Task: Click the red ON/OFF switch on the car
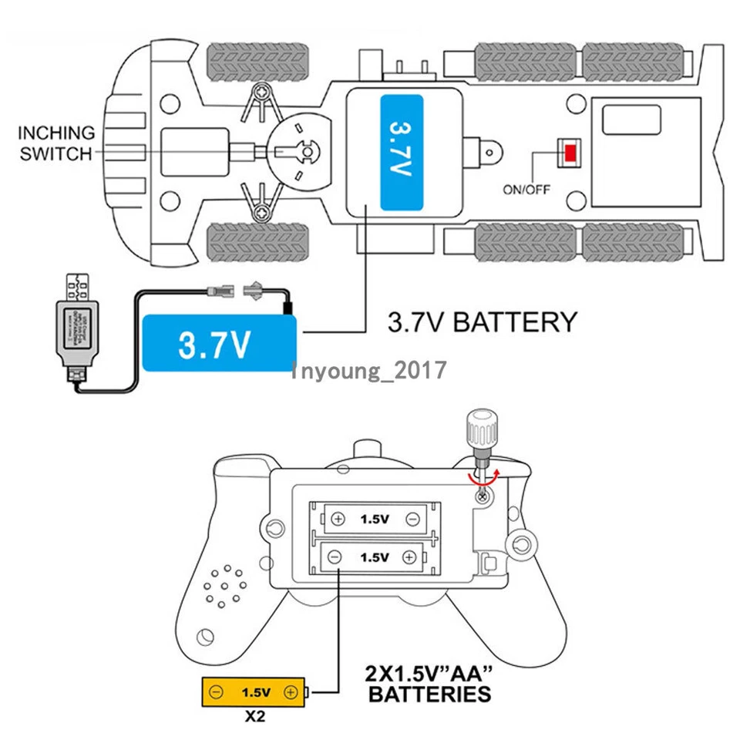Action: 570,153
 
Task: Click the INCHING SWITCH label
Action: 56,143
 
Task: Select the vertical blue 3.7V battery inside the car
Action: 402,153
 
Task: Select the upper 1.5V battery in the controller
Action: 375,520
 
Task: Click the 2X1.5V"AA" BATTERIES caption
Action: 429,683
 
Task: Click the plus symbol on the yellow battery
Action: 291,692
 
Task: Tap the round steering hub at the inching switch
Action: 308,153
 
